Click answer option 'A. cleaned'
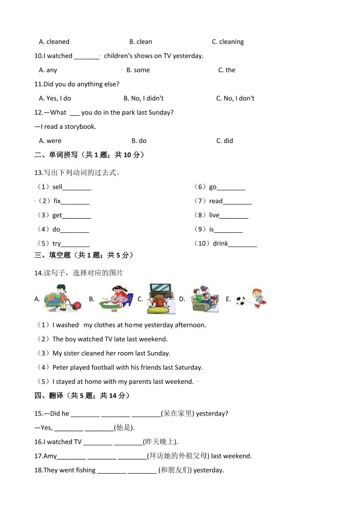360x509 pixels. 54,42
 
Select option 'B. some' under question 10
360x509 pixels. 138,70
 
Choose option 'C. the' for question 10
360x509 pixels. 227,70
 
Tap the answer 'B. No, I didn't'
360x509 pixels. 143,98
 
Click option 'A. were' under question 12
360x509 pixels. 50,141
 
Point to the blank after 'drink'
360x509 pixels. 242,244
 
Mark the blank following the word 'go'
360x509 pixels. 231,187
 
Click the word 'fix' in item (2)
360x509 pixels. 57,201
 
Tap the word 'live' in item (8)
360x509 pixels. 214,215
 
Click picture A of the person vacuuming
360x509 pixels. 63,298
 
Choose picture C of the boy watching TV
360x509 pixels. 161,299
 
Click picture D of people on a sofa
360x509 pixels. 204,299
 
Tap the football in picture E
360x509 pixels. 241,300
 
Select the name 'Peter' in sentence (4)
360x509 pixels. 61,367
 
